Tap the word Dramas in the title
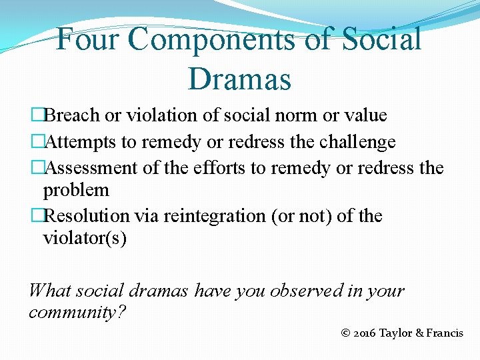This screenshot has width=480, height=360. [x=240, y=79]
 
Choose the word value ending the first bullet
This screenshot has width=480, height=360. [x=365, y=115]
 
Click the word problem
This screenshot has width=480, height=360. [x=76, y=190]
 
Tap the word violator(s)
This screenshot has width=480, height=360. [x=85, y=237]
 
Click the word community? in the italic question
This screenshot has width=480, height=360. [x=77, y=312]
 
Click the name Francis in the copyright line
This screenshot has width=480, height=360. [x=444, y=333]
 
